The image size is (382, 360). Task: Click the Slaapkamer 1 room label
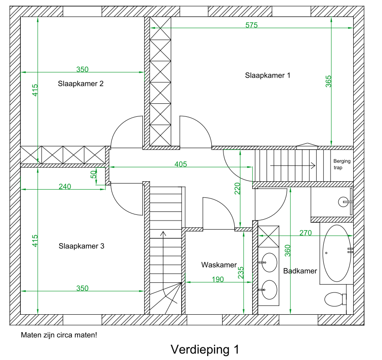(267, 75)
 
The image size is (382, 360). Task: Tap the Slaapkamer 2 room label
(81, 84)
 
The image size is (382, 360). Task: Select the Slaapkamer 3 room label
(81, 246)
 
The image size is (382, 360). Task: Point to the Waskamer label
(219, 265)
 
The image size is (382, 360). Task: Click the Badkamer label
(300, 271)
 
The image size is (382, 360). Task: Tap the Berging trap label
(342, 164)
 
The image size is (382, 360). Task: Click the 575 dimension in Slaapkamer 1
(251, 25)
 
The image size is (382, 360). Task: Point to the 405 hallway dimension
(180, 164)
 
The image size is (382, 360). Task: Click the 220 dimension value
(237, 188)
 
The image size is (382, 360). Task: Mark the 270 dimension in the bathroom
(305, 233)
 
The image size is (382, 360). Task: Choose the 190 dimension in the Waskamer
(217, 279)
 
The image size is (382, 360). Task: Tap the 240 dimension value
(65, 187)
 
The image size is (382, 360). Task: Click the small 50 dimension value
(93, 174)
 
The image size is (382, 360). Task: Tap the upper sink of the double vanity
(269, 262)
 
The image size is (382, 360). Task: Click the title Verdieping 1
(205, 350)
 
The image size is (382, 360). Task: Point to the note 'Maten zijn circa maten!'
(59, 336)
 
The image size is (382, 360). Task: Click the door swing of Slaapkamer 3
(126, 198)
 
